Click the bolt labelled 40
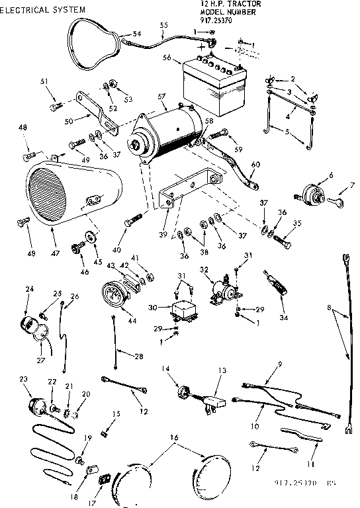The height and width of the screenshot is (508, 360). pyautogui.click(x=135, y=218)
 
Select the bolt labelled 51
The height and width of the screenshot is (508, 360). pyautogui.click(x=54, y=105)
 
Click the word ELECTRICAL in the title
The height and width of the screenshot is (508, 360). pyautogui.click(x=28, y=10)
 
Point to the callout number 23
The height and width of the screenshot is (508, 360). pyautogui.click(x=24, y=379)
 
